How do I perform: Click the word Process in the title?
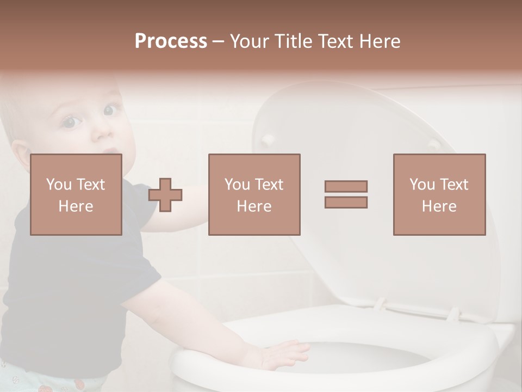tap(171, 41)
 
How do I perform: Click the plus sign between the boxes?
tap(165, 195)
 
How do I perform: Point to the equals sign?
tap(346, 194)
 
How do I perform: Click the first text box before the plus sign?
tap(76, 194)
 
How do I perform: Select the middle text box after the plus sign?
tap(254, 194)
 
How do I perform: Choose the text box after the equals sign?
tap(439, 194)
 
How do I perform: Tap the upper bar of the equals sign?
tap(346, 186)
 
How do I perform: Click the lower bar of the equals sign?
tap(346, 203)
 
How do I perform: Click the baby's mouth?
tap(110, 150)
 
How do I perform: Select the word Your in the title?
tap(248, 41)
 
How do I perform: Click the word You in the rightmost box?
tap(422, 185)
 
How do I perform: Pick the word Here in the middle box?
tap(254, 206)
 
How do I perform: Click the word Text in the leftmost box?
tap(90, 185)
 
